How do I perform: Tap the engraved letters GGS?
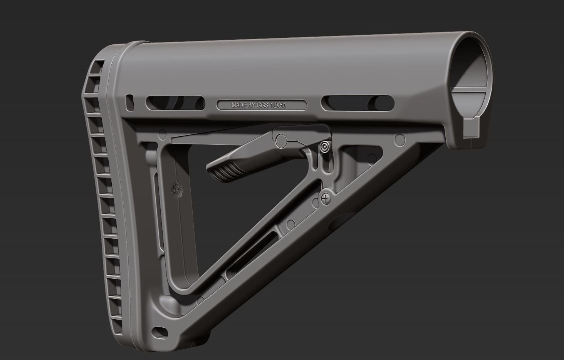coord(264,105)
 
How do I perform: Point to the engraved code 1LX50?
coord(278,105)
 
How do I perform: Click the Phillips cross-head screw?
coord(327,199)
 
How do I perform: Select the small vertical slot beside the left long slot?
coord(130,101)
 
